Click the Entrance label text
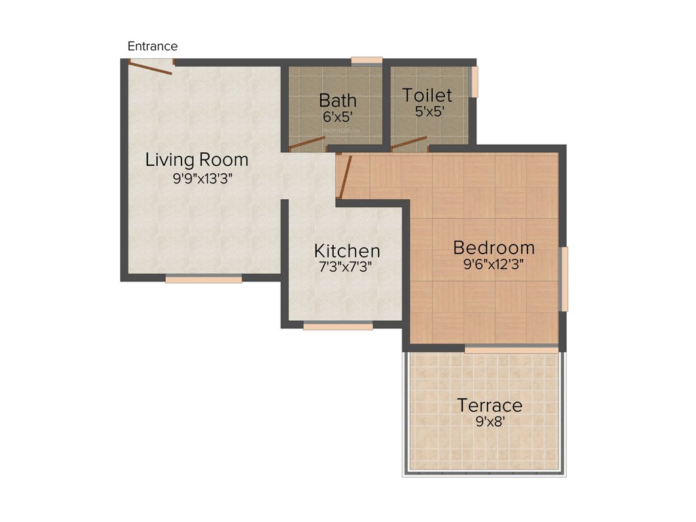152,46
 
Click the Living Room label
197,160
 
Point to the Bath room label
338,101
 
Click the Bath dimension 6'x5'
338,116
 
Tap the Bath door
307,143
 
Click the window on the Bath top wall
366,60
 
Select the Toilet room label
427,94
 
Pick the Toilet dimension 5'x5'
430,111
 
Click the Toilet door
409,143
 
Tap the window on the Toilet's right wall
474,82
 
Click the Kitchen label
347,250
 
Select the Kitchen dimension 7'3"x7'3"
346,267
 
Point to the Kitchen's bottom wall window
338,326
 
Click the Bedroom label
494,247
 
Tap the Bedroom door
344,177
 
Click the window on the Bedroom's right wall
563,279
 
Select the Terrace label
489,405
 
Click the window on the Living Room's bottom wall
203,278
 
